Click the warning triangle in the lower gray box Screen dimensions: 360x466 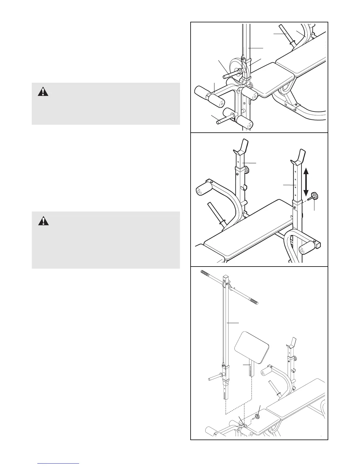(x=43, y=221)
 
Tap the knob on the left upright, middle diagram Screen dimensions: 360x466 (x=246, y=169)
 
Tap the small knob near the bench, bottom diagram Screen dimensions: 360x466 (x=257, y=416)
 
